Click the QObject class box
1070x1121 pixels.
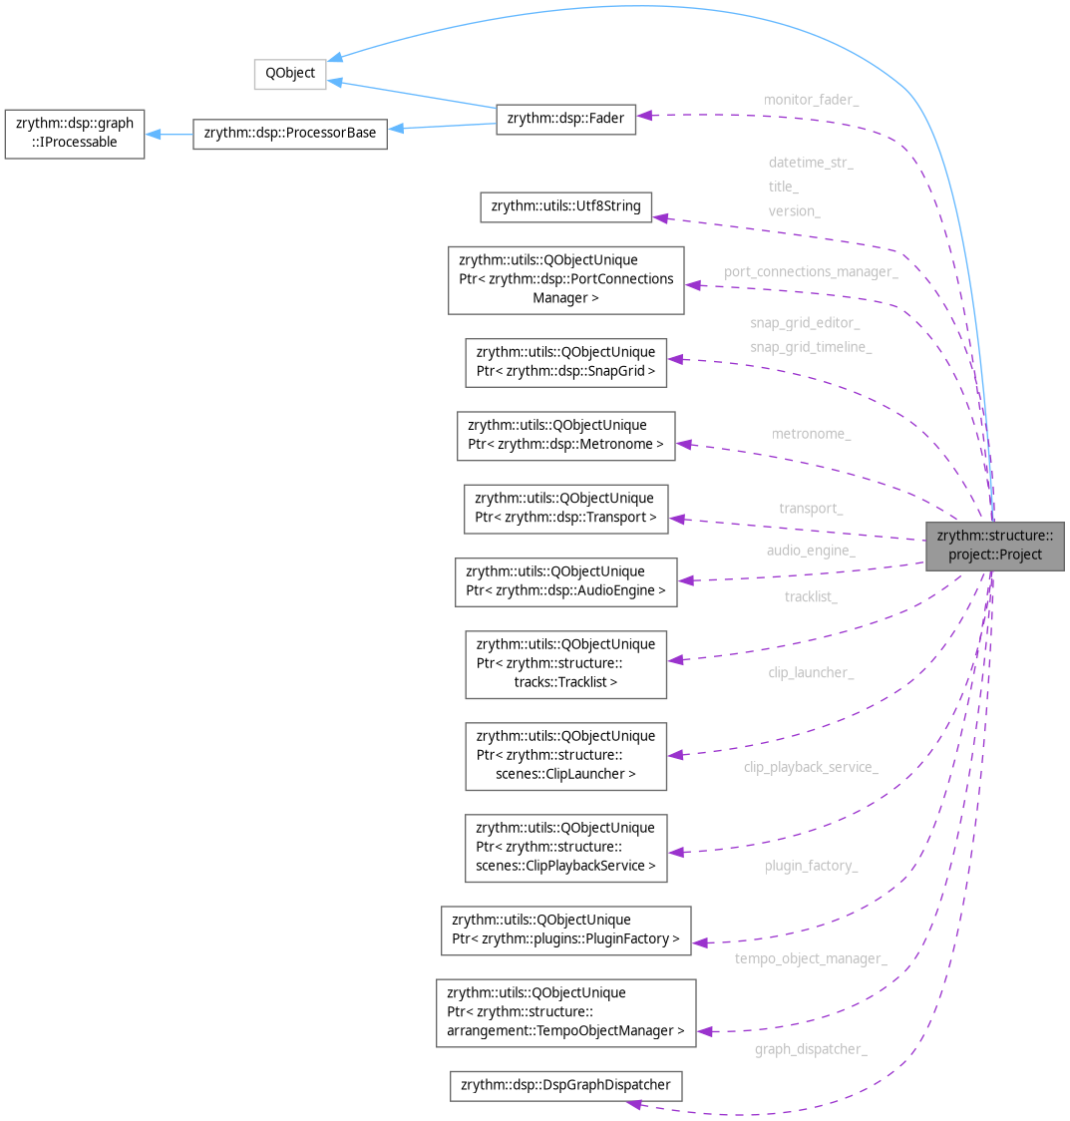pyautogui.click(x=289, y=74)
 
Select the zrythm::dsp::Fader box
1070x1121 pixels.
pyautogui.click(x=565, y=119)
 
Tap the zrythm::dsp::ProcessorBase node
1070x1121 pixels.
pyautogui.click(x=290, y=133)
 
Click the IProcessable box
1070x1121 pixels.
pyautogui.click(x=74, y=133)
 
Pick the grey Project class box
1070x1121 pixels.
pyautogui.click(x=994, y=545)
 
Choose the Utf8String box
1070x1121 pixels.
pyautogui.click(x=565, y=206)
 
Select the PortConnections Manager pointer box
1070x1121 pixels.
pyautogui.click(x=565, y=279)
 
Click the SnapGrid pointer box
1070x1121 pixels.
pyautogui.click(x=565, y=361)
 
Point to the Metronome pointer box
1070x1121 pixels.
pyautogui.click(x=565, y=435)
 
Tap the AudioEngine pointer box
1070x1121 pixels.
pyautogui.click(x=565, y=580)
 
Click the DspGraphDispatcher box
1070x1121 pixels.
pyautogui.click(x=565, y=1084)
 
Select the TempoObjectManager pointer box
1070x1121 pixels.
pyautogui.click(x=565, y=1012)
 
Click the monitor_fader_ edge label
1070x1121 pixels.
pyautogui.click(x=811, y=100)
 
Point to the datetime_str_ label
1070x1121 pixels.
pyautogui.click(x=811, y=162)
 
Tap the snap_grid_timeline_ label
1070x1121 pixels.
pyautogui.click(x=811, y=347)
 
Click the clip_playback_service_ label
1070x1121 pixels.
pyautogui.click(x=810, y=767)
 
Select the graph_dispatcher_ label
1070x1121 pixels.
pyautogui.click(x=810, y=1049)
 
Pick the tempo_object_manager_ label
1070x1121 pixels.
pyautogui.click(x=810, y=958)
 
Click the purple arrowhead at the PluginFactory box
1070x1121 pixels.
pyautogui.click(x=699, y=942)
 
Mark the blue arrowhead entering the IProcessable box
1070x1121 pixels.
pyautogui.click(x=154, y=134)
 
